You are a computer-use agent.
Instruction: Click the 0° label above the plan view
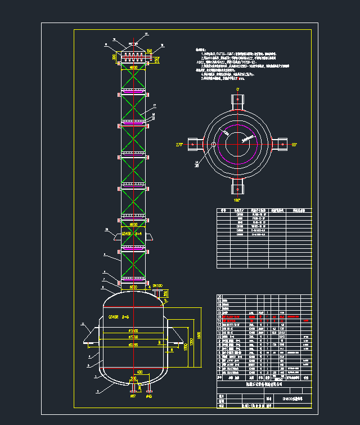tap(238, 89)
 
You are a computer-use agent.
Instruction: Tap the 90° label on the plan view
tap(294, 145)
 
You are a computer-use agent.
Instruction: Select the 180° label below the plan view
tap(237, 200)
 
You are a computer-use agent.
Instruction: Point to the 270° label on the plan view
tap(180, 145)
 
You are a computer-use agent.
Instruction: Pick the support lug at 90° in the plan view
tap(279, 145)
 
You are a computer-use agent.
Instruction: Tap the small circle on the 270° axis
tap(214, 145)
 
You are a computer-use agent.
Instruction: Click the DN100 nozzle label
tap(157, 286)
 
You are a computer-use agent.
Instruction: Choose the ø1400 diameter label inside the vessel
tap(133, 330)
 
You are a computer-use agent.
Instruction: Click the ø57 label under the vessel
tap(133, 396)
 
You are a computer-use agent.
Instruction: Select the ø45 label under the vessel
tap(149, 396)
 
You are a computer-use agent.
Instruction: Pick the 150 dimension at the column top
tap(149, 52)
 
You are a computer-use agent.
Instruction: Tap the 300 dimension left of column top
tap(114, 57)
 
